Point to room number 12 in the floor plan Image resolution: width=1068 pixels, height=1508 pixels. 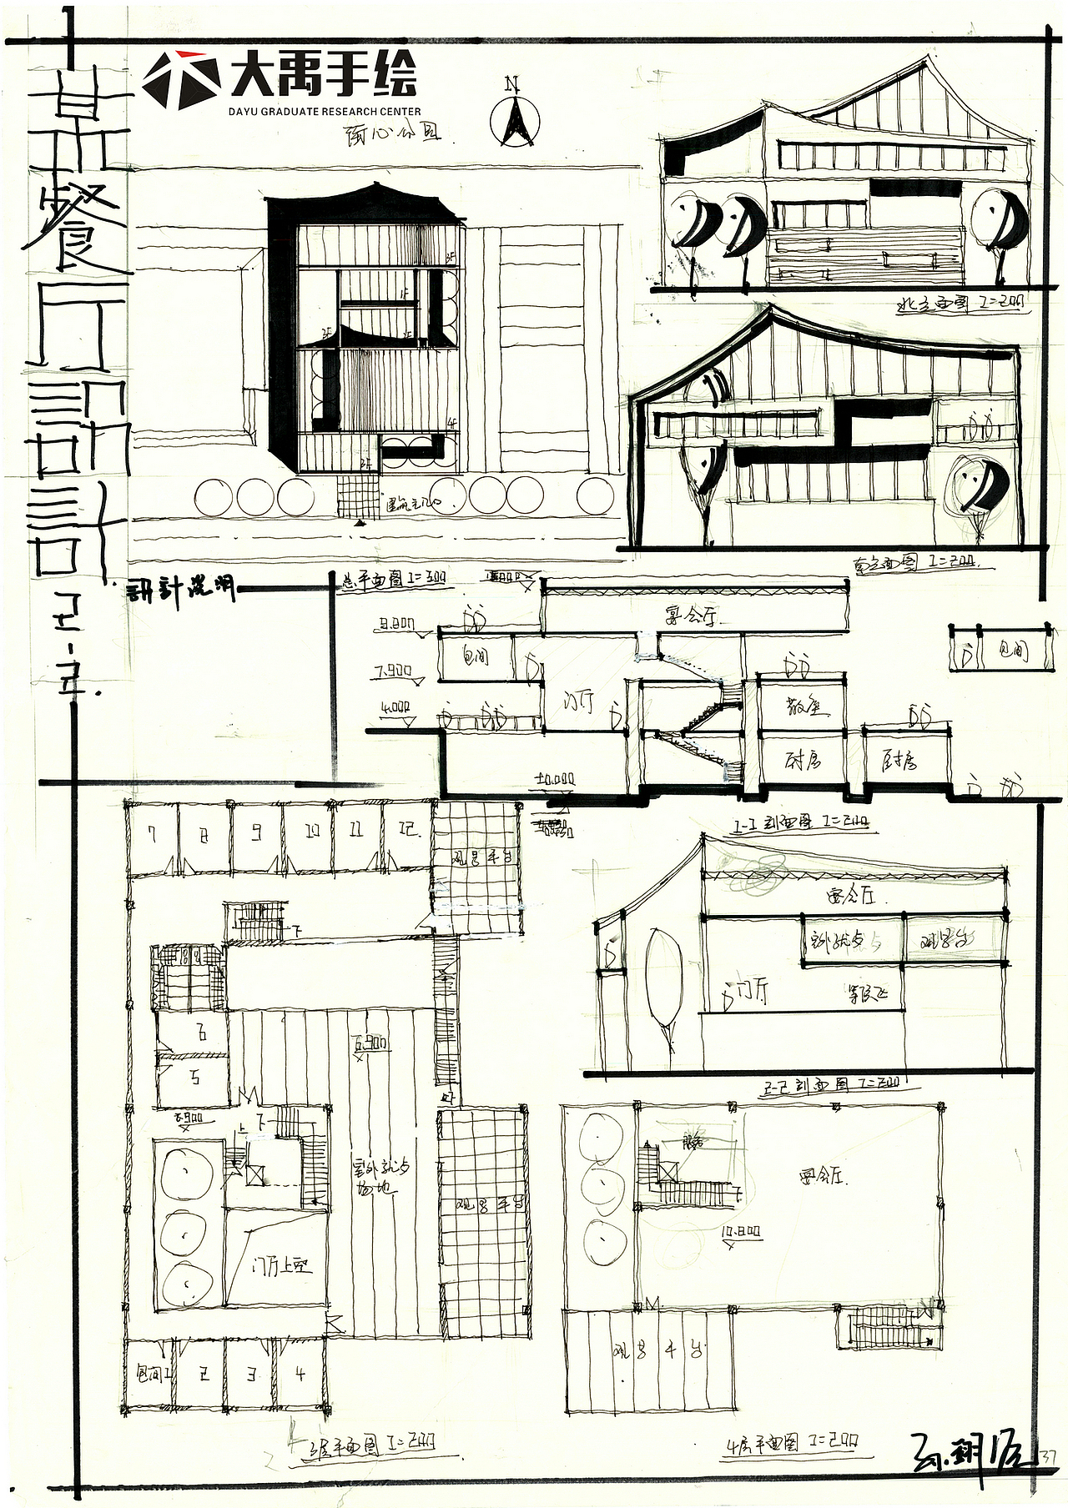(408, 832)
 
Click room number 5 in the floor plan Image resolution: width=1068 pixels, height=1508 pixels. (196, 1077)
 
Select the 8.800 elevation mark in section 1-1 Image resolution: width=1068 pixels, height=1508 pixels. (396, 623)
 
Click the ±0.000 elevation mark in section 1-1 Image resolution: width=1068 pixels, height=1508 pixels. (555, 779)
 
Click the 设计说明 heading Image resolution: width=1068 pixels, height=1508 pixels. (180, 591)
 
